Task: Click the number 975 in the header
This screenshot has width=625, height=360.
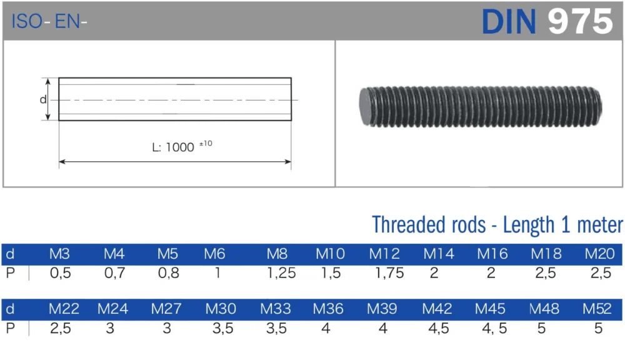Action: tap(580, 21)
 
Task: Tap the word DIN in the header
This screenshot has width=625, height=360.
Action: tap(509, 21)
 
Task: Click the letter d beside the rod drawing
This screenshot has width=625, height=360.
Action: tap(42, 99)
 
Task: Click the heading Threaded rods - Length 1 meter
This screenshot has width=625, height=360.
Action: tap(497, 224)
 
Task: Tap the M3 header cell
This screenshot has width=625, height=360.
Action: tap(59, 254)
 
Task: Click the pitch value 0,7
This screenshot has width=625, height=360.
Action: tap(114, 273)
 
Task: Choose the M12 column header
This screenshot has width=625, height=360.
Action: tap(384, 254)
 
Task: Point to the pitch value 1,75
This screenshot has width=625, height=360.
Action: tap(389, 273)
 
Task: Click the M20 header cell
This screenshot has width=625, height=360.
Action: tap(599, 254)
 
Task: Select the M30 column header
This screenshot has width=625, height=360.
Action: tap(221, 309)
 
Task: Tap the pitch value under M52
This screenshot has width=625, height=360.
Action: tap(598, 328)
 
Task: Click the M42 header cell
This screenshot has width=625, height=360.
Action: tap(437, 309)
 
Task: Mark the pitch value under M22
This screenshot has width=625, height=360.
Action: tap(60, 328)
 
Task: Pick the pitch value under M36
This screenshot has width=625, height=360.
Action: tap(325, 328)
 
